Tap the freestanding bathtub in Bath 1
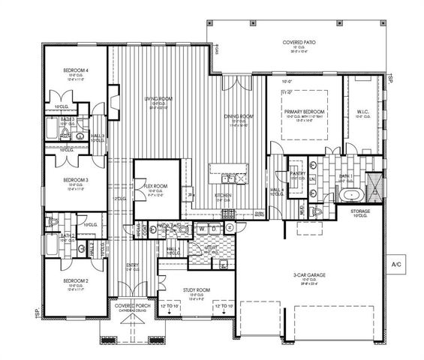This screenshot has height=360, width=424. [x=351, y=196]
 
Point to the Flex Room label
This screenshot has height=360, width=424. [x=155, y=186]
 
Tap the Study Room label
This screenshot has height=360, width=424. [x=197, y=288]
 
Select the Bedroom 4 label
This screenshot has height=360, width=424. [x=76, y=71]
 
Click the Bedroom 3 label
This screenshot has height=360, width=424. [x=76, y=180]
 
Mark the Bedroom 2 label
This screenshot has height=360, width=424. [x=76, y=280]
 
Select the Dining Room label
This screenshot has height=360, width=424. [x=239, y=116]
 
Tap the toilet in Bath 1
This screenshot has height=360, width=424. [x=316, y=212]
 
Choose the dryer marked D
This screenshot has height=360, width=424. [x=214, y=228]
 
